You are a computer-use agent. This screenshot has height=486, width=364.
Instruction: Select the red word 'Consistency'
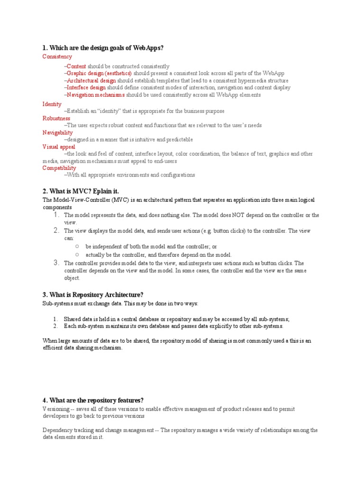(57, 57)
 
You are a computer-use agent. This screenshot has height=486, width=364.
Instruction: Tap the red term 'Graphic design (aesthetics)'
(99, 74)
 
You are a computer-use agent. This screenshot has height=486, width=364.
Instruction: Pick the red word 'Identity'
(52, 104)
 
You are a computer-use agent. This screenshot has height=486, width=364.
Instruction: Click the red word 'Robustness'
(56, 118)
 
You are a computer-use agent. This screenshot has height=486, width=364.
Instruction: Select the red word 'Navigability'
(58, 132)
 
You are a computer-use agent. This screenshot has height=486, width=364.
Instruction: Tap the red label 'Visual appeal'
(59, 147)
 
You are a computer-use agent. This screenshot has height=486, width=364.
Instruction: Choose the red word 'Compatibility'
(59, 168)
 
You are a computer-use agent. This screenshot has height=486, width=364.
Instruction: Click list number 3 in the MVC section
(56, 263)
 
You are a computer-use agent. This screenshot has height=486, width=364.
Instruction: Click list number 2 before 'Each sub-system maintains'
(55, 326)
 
